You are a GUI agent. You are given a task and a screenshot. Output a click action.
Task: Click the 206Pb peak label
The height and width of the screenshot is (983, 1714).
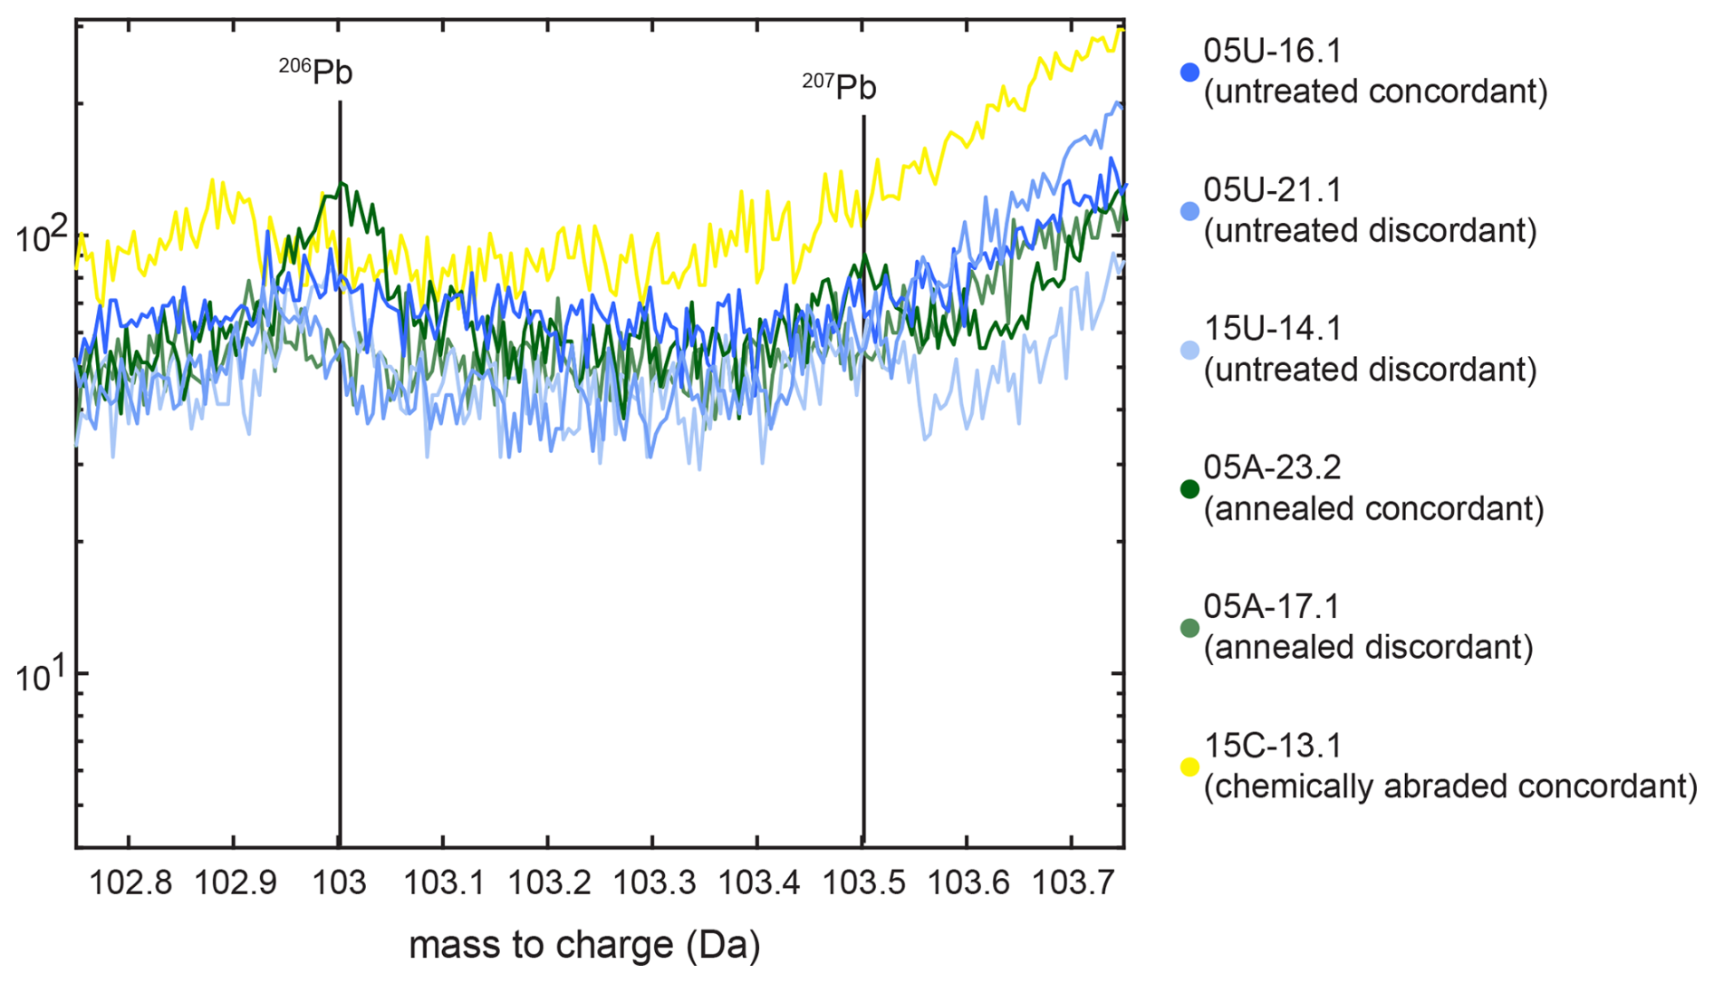click(316, 71)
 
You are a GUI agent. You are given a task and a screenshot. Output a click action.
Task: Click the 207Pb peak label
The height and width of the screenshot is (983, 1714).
click(840, 86)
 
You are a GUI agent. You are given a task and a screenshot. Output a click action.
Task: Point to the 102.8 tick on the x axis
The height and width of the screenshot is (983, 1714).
click(130, 882)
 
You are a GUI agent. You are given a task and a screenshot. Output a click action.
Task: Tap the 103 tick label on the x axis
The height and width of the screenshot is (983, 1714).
click(340, 882)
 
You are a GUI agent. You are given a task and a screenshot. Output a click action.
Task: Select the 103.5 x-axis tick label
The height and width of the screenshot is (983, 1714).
click(863, 882)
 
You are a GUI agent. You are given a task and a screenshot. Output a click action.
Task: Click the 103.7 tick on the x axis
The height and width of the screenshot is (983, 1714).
click(1073, 882)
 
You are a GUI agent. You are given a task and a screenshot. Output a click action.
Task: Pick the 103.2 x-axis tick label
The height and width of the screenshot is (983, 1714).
click(549, 882)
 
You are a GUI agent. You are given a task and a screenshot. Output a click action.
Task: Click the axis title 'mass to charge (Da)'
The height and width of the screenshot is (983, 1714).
click(584, 945)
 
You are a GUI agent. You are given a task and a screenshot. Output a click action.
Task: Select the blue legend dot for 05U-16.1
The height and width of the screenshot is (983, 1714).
click(1189, 72)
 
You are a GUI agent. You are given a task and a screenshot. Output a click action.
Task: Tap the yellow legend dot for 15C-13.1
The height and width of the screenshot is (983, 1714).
click(1189, 767)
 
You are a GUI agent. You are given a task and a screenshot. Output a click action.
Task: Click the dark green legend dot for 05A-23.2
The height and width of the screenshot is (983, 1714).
click(1189, 489)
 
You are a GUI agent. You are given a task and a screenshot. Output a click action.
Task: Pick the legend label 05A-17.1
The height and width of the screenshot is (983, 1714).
click(1271, 606)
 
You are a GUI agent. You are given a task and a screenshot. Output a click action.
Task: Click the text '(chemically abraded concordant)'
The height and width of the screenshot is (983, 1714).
click(1450, 785)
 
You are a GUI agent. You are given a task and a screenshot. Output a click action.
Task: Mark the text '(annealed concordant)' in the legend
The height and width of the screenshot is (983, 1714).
click(1373, 508)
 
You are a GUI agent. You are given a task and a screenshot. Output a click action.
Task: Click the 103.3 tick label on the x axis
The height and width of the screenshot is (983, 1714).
click(654, 882)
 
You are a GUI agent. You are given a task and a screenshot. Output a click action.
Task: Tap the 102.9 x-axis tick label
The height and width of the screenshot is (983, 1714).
click(236, 882)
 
